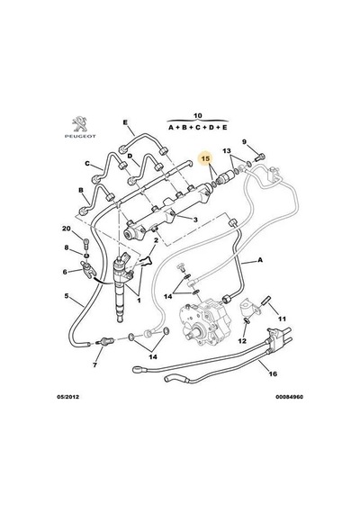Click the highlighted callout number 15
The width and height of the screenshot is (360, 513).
coord(206,158)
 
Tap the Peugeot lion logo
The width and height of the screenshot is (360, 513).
coord(80,124)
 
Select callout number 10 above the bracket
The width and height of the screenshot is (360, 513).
coord(198,115)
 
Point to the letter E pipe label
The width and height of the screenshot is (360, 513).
coord(125,122)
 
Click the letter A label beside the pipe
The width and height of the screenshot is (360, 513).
coord(260,260)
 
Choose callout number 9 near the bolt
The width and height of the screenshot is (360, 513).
coord(244,142)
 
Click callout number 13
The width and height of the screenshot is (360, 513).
coord(227,151)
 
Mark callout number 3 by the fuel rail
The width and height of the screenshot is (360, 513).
coord(195,220)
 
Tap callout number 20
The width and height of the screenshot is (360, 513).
coord(67,229)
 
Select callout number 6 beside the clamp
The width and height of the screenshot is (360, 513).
coord(65,272)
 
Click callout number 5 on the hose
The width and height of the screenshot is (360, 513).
coord(67,296)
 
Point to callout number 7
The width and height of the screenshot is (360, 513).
coord(94,364)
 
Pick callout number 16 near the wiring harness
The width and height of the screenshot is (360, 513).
coord(273,373)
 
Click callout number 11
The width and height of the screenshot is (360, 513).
coord(282,319)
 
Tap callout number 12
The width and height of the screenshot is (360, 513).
coord(242,341)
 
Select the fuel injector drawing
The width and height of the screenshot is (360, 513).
coord(121,285)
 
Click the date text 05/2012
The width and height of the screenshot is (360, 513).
coord(68,397)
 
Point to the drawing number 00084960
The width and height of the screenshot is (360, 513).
coord(289,397)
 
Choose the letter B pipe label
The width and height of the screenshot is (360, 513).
coord(80,191)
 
